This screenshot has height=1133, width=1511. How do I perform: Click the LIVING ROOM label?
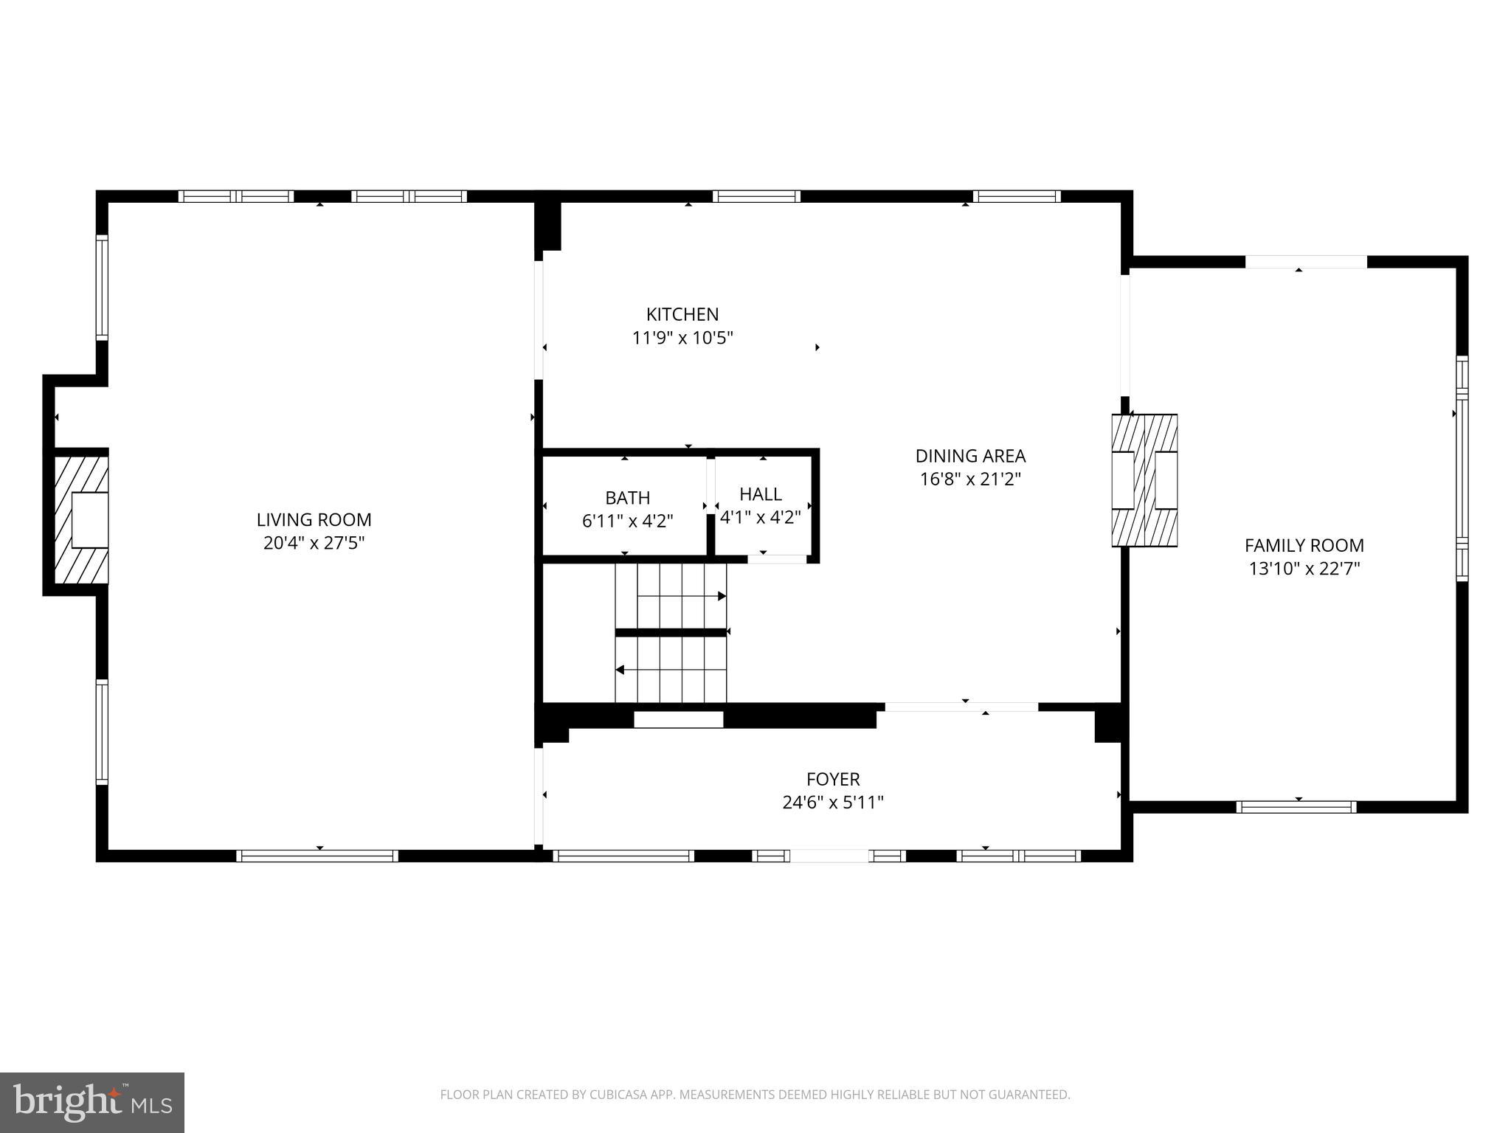click(x=314, y=519)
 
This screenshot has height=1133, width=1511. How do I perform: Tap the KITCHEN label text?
click(x=682, y=314)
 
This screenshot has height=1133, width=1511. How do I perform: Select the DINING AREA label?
click(x=970, y=456)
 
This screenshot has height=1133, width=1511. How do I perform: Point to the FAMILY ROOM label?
click(x=1304, y=545)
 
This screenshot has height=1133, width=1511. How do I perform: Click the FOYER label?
click(x=832, y=779)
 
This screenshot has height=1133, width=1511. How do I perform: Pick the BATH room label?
click(x=627, y=497)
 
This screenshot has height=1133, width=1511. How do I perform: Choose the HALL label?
click(x=760, y=493)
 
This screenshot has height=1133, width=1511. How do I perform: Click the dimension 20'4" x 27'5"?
click(x=314, y=544)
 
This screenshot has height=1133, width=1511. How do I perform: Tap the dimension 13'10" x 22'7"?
click(x=1304, y=569)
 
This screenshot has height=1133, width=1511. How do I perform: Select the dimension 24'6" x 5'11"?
click(x=832, y=803)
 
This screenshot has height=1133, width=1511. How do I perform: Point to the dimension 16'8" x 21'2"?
click(x=970, y=479)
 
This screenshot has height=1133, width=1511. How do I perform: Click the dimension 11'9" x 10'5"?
click(x=682, y=338)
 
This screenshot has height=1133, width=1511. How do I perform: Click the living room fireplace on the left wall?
click(x=81, y=520)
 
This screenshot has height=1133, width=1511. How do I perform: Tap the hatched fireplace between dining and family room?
click(x=1144, y=480)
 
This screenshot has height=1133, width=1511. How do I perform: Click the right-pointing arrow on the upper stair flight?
click(x=722, y=595)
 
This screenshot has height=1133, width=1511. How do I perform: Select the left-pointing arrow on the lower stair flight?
click(x=620, y=670)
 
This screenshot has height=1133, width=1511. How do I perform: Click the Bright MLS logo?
click(x=91, y=1102)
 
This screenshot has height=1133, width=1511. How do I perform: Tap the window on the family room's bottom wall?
click(x=1296, y=807)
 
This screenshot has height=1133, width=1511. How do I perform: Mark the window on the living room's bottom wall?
click(x=317, y=856)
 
